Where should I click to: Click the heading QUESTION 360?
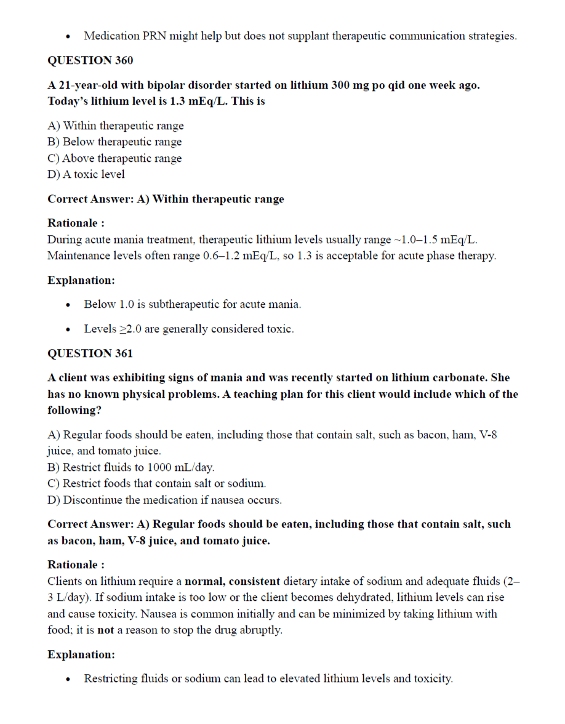(90, 60)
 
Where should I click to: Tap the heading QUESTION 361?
(90, 353)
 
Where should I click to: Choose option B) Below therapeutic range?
(114, 142)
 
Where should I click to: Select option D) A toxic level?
(86, 174)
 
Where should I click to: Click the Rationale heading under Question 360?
(76, 223)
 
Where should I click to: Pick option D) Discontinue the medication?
(164, 500)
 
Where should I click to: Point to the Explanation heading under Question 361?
(81, 654)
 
